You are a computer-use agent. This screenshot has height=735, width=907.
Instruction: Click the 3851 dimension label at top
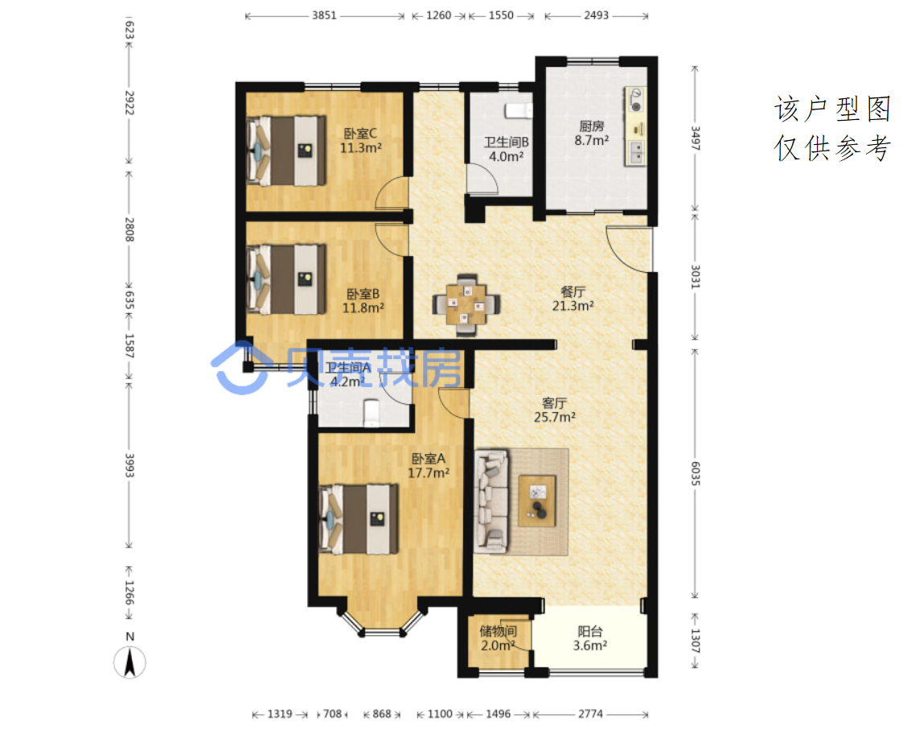324,15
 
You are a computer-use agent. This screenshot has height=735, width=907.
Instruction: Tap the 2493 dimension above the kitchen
596,15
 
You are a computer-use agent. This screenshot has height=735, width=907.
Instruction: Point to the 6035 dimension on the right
696,473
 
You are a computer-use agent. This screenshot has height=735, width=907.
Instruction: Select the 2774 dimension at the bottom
590,714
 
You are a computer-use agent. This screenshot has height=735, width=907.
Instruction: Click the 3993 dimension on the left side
129,465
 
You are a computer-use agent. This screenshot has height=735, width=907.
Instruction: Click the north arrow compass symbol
129,662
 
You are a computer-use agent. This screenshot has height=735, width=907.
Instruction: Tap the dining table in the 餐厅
466,304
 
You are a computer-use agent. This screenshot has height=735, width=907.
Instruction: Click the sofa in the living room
491,501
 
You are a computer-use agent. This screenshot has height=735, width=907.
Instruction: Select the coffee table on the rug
537,501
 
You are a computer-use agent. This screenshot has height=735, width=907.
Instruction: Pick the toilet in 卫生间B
519,110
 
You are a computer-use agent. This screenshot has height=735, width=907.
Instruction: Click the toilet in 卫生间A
371,412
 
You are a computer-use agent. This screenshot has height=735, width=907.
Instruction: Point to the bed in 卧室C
285,151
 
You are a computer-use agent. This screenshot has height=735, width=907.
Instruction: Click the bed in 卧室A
358,519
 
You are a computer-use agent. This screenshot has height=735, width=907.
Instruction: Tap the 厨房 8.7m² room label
591,133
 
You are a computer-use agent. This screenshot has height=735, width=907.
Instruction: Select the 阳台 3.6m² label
590,638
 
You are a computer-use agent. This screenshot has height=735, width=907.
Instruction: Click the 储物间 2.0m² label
498,638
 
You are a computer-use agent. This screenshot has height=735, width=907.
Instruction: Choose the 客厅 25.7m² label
554,410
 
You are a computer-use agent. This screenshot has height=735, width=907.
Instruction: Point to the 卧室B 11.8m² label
363,301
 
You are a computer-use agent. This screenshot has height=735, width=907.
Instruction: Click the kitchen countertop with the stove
634,127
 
